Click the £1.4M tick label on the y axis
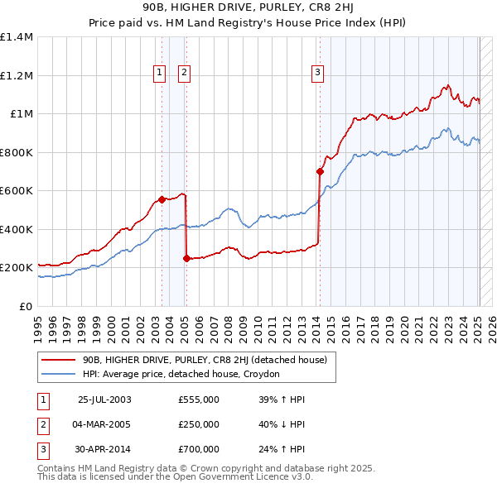(x=17, y=37)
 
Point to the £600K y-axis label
(x=17, y=191)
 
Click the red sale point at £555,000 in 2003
(x=162, y=199)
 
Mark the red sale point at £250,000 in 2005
(x=186, y=258)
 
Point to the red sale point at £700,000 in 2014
(x=320, y=172)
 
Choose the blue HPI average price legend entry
(x=181, y=375)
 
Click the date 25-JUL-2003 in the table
(x=104, y=399)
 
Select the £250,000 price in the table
(x=199, y=424)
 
